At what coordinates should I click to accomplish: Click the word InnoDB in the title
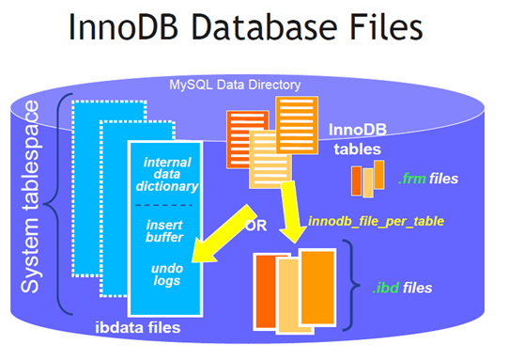click(123, 26)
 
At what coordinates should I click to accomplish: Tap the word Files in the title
click(386, 26)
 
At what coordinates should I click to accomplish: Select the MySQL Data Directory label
click(235, 85)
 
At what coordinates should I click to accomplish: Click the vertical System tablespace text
click(30, 197)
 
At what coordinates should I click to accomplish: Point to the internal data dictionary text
click(167, 174)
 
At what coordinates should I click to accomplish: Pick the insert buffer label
click(164, 231)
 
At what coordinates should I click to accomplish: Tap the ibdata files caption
click(138, 327)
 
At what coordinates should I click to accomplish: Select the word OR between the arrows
click(255, 226)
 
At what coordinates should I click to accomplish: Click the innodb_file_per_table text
click(376, 221)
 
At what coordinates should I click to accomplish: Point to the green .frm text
click(412, 179)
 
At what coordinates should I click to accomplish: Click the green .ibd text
click(386, 288)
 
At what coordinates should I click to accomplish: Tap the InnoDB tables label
click(358, 139)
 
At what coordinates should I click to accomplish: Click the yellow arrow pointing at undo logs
click(223, 235)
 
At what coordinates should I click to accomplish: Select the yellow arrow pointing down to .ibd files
click(291, 211)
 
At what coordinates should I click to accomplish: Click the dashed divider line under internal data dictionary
click(163, 205)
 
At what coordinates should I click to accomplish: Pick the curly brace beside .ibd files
click(353, 286)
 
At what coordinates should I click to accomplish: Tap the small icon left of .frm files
click(367, 179)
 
